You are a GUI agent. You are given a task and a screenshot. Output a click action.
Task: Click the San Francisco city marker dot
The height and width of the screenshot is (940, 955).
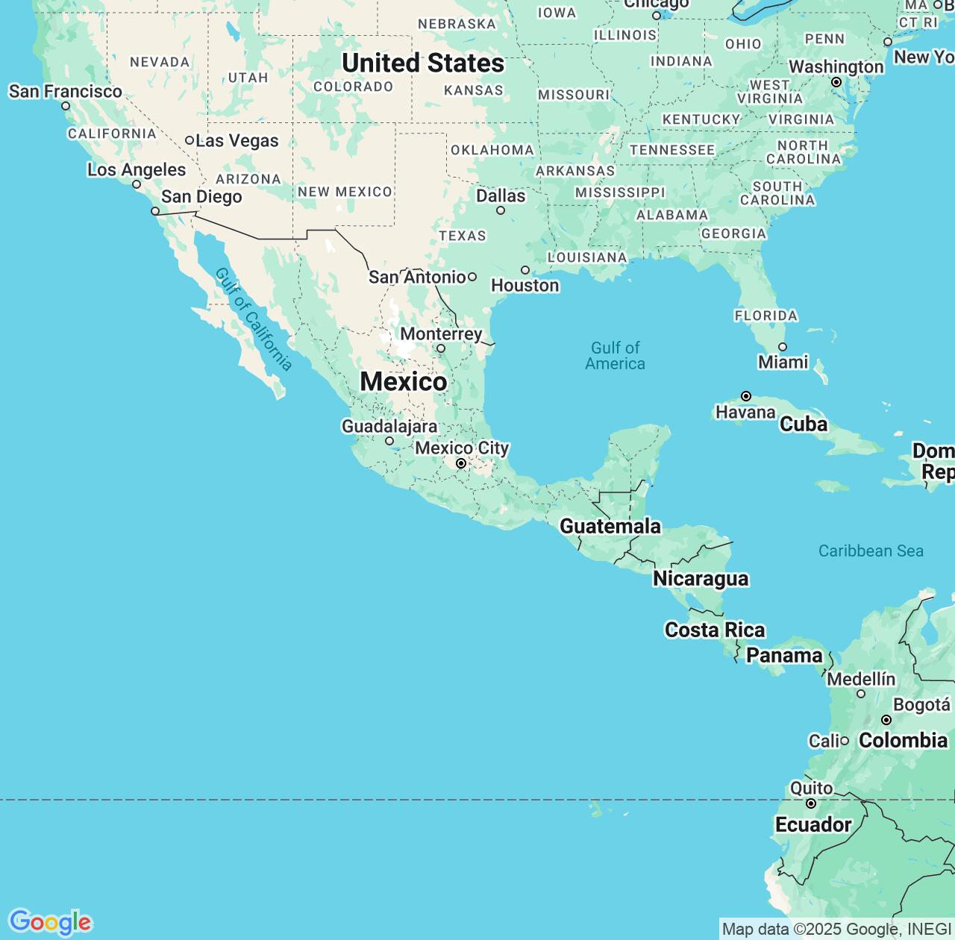(x=66, y=106)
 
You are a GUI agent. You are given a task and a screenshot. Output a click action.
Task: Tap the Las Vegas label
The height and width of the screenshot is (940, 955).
(x=237, y=141)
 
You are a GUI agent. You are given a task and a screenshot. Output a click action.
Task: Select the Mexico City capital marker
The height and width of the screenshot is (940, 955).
(x=461, y=464)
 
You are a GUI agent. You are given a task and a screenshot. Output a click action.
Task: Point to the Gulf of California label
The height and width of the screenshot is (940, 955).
(x=254, y=319)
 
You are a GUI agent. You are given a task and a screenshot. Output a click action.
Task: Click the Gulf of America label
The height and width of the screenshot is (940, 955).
(x=615, y=356)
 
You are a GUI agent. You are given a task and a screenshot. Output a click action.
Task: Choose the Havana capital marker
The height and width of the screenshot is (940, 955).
(x=745, y=396)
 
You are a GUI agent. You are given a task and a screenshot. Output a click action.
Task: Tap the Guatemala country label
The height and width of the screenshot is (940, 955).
(x=610, y=526)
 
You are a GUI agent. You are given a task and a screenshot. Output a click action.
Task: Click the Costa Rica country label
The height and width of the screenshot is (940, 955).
(x=715, y=630)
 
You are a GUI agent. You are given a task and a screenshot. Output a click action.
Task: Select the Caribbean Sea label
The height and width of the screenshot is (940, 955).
(x=871, y=551)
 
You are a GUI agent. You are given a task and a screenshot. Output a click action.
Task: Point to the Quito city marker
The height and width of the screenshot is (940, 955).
(x=811, y=803)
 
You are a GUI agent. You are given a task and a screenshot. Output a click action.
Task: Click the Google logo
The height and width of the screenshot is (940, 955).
(x=50, y=922)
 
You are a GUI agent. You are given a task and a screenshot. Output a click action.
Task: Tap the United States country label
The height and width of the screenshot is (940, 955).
(x=423, y=63)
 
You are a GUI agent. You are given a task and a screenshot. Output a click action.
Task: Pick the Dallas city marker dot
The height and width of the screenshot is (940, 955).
(x=501, y=210)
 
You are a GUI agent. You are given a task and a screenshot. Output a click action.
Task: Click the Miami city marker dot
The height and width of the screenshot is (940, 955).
(x=783, y=347)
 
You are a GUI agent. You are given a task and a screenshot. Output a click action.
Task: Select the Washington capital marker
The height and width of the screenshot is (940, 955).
(x=836, y=82)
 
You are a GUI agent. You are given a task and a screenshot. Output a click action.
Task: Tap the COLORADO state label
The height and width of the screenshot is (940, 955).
(x=353, y=87)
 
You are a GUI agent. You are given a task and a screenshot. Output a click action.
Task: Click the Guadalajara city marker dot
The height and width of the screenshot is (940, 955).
(x=389, y=441)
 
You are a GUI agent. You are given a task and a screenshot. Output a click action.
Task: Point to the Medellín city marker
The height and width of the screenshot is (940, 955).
(x=861, y=694)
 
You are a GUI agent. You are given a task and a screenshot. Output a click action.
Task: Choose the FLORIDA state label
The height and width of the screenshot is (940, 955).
(x=766, y=316)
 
